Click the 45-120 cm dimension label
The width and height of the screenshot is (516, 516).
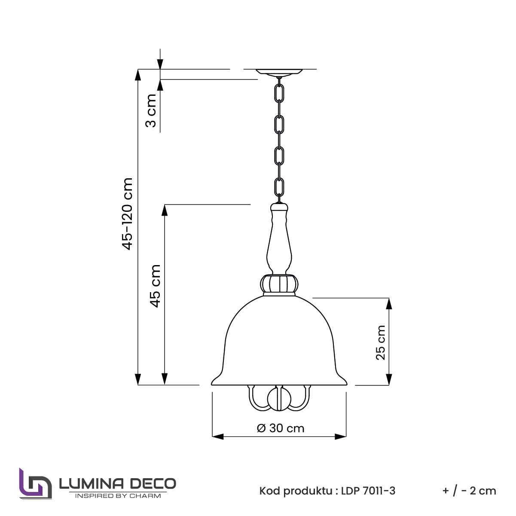[127, 214]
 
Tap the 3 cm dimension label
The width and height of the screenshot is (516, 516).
[151, 110]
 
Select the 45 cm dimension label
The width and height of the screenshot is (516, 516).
[155, 286]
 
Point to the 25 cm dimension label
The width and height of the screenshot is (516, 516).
[381, 342]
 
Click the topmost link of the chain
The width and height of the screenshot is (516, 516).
[279, 93]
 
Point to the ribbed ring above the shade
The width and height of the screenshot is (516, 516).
[279, 284]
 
